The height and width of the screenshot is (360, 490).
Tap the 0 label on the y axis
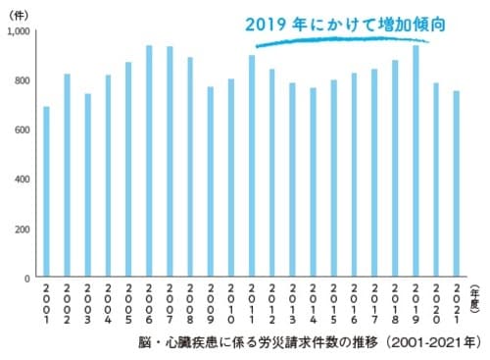coord(28,279)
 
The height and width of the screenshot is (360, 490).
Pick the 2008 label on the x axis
coord(190,305)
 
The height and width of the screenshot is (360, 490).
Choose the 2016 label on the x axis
coord(355,305)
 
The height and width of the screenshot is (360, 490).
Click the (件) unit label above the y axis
coord(20,14)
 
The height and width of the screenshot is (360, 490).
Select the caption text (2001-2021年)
coord(427,344)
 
